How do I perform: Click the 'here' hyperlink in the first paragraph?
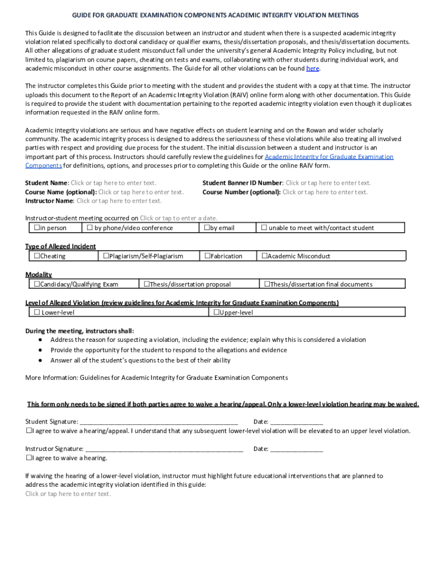point(312,68)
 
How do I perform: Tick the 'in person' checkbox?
point(36,228)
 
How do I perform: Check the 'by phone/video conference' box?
point(89,228)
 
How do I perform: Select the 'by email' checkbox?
point(207,228)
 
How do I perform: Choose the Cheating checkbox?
point(36,256)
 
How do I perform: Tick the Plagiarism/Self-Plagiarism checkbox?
point(106,256)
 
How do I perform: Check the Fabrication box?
point(207,256)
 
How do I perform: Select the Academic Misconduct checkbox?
point(264,256)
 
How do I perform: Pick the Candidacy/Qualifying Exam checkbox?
point(36,284)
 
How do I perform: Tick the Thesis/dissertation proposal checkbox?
point(147,284)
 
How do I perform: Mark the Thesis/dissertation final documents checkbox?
point(267,284)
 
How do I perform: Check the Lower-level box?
point(37,312)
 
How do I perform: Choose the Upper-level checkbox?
point(215,312)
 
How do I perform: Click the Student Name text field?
point(113,183)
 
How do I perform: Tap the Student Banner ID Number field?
point(328,183)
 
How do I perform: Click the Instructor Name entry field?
point(119,201)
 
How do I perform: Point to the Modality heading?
point(39,274)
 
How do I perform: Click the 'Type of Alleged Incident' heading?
point(60,246)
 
